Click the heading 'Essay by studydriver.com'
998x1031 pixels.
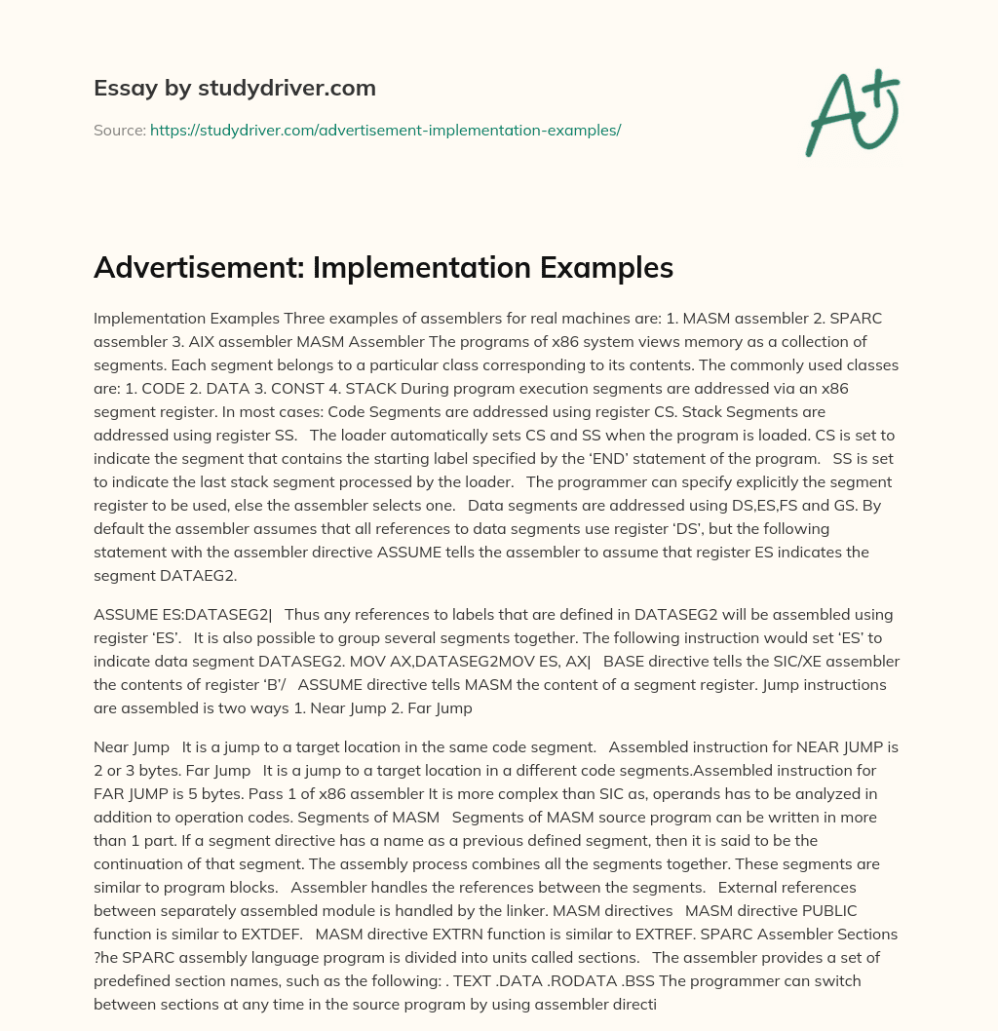[x=234, y=89]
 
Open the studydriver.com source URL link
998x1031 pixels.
[x=385, y=130]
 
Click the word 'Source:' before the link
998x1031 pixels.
[x=119, y=130]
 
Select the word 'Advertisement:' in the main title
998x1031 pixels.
[x=198, y=267]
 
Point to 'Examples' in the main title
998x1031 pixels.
[x=600, y=267]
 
